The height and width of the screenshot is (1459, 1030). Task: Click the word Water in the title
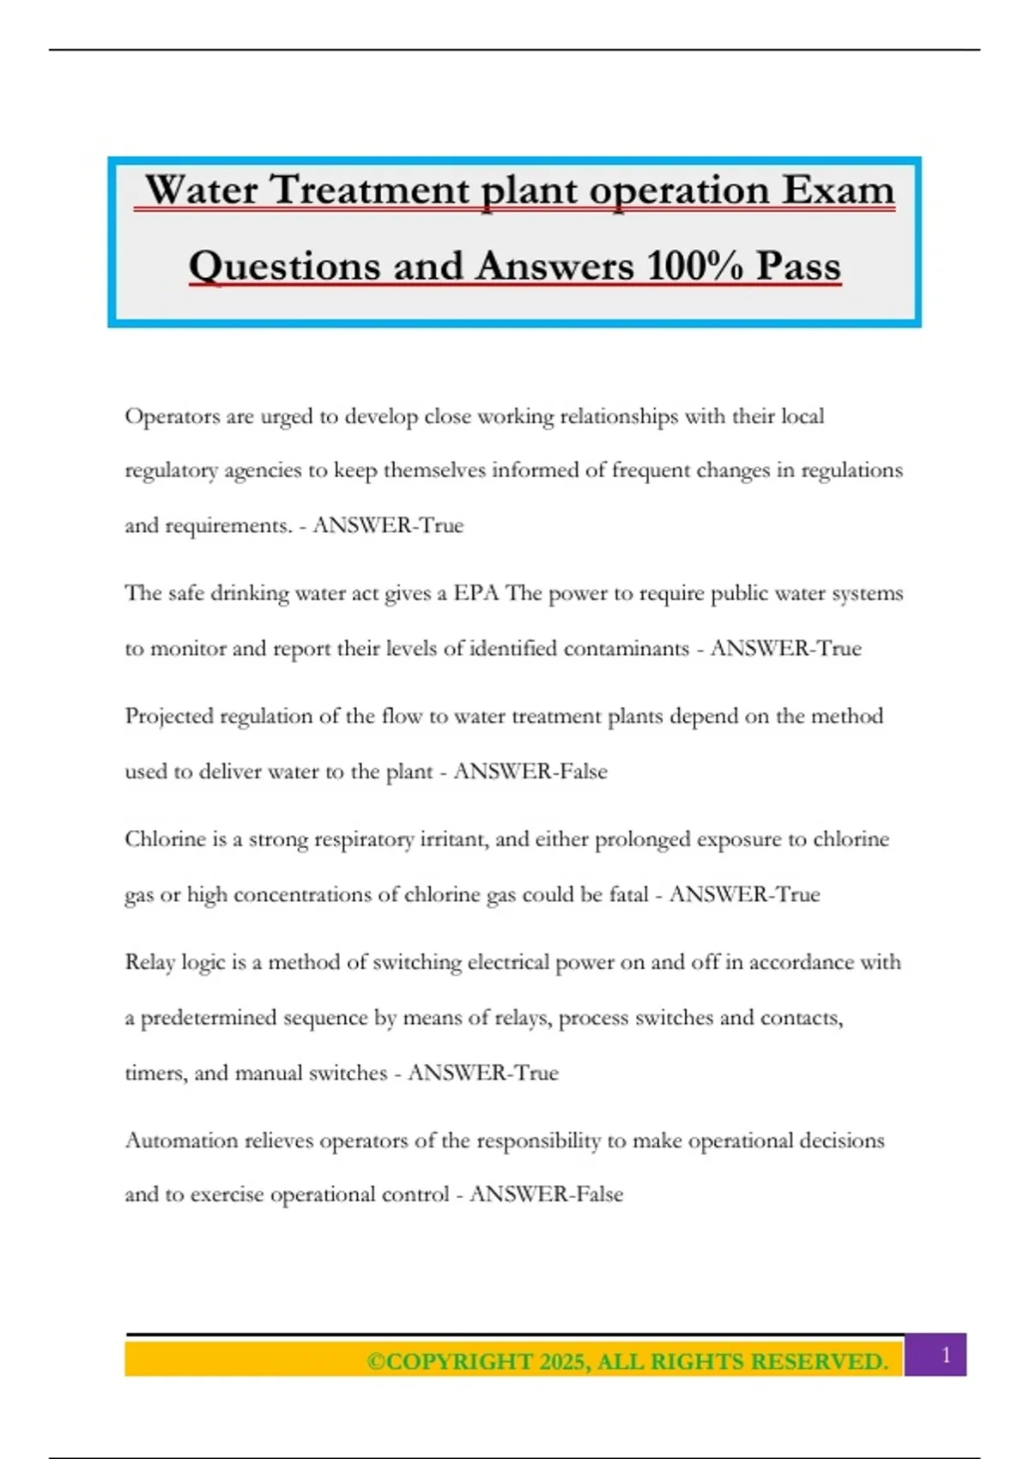point(201,190)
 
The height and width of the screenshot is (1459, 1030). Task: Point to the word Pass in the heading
point(798,266)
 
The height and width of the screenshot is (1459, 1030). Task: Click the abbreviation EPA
point(476,593)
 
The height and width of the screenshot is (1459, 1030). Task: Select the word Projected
point(169,717)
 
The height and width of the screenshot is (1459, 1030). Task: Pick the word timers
point(155,1073)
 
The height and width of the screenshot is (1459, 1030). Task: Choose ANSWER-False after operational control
point(546,1194)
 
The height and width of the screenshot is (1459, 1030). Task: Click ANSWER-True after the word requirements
point(388,525)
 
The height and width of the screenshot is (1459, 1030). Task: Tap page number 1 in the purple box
point(946,1355)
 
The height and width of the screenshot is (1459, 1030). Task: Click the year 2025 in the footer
point(562,1362)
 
